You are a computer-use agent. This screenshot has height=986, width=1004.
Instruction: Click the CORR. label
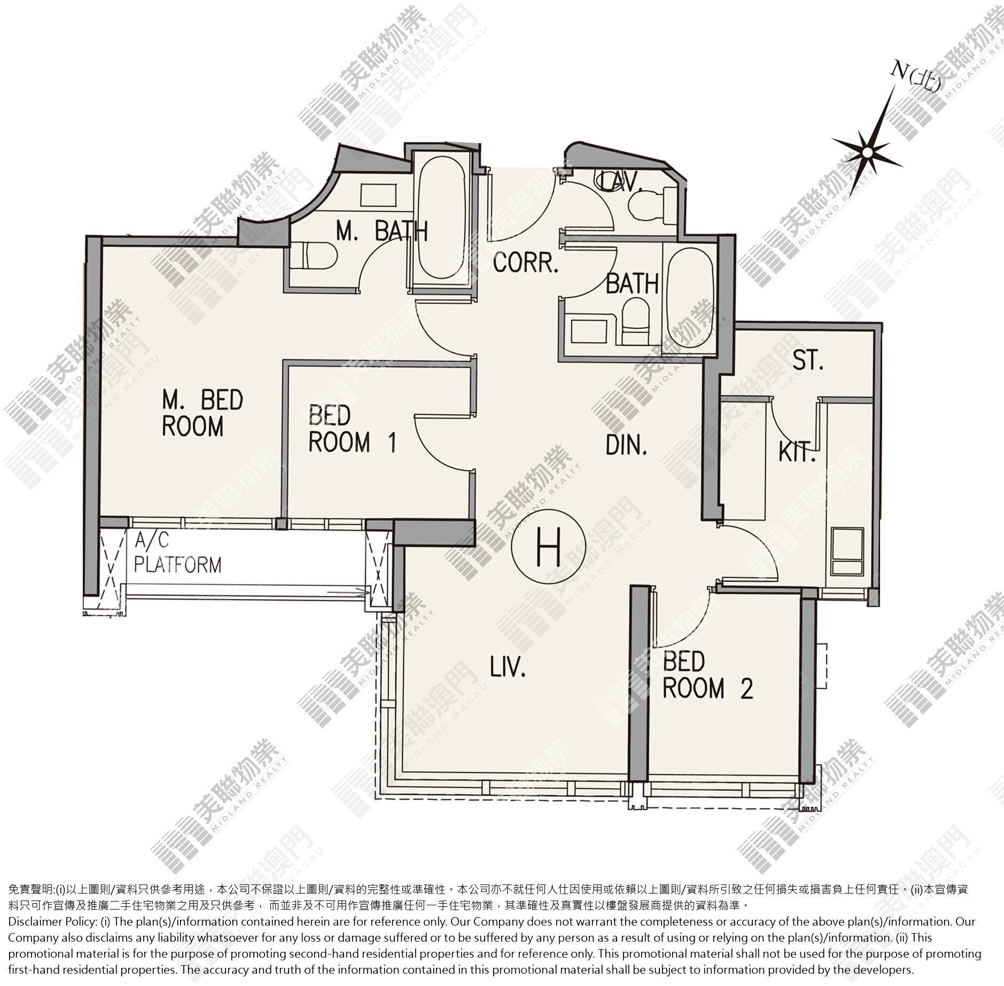[x=526, y=262]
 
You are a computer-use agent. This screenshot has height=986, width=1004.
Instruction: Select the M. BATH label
[x=383, y=231]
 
